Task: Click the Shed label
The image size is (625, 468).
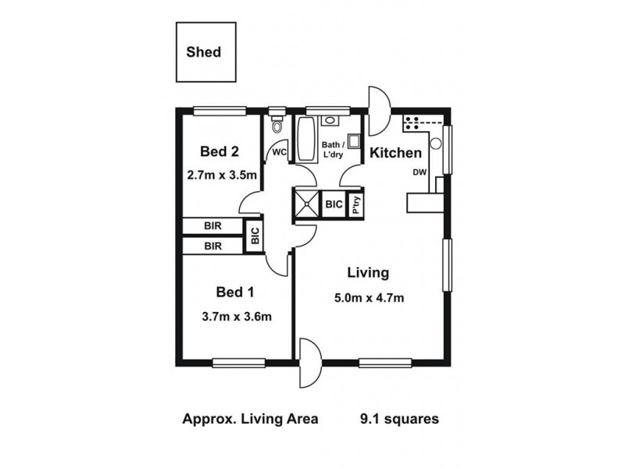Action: point(203,53)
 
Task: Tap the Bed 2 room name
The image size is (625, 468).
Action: point(219,151)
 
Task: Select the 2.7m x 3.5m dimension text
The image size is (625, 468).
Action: point(223,175)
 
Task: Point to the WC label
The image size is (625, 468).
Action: point(279,152)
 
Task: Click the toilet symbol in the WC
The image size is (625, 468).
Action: point(276,127)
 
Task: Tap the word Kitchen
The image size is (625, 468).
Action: point(395,153)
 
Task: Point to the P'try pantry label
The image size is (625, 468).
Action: point(355,204)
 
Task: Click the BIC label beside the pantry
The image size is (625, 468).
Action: point(334,204)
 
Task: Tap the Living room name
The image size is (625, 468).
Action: point(368,273)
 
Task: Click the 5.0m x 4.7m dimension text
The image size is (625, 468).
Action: point(370,297)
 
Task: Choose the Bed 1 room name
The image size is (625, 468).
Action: point(235,292)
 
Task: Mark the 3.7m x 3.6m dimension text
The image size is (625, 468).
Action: point(237,316)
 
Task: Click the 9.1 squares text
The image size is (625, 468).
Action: point(399,419)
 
